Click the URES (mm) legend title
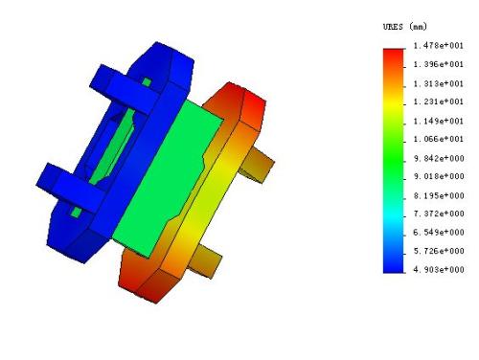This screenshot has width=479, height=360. point(404,27)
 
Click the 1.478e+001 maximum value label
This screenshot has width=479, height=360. point(438,45)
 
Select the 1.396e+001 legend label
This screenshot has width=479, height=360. point(438,64)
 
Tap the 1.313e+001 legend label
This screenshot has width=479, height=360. point(438,83)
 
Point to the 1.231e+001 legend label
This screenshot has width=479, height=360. point(438,101)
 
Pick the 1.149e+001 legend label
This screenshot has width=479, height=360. point(438,121)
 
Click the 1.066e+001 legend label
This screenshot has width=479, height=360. point(438,139)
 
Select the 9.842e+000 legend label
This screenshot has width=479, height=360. point(439,158)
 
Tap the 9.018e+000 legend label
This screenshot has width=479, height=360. point(439,176)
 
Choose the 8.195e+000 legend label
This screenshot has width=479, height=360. point(439,195)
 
